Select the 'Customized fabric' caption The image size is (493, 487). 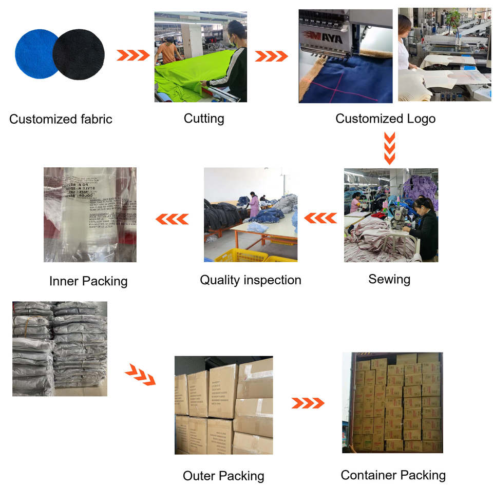(61, 120)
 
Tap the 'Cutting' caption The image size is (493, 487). (204, 119)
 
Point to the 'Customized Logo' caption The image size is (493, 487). (385, 119)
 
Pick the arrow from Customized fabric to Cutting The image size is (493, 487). (133, 55)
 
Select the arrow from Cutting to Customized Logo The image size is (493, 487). (271, 56)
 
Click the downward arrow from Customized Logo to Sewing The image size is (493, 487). (390, 148)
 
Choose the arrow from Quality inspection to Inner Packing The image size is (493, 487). (172, 219)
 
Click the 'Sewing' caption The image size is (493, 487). (389, 279)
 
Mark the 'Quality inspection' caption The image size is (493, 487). (250, 280)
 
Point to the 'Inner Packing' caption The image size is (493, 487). (88, 281)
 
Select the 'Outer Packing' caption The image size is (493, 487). (223, 476)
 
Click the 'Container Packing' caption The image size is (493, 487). (393, 475)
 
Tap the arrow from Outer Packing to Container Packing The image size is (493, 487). (308, 403)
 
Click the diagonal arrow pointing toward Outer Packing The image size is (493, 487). (140, 375)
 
